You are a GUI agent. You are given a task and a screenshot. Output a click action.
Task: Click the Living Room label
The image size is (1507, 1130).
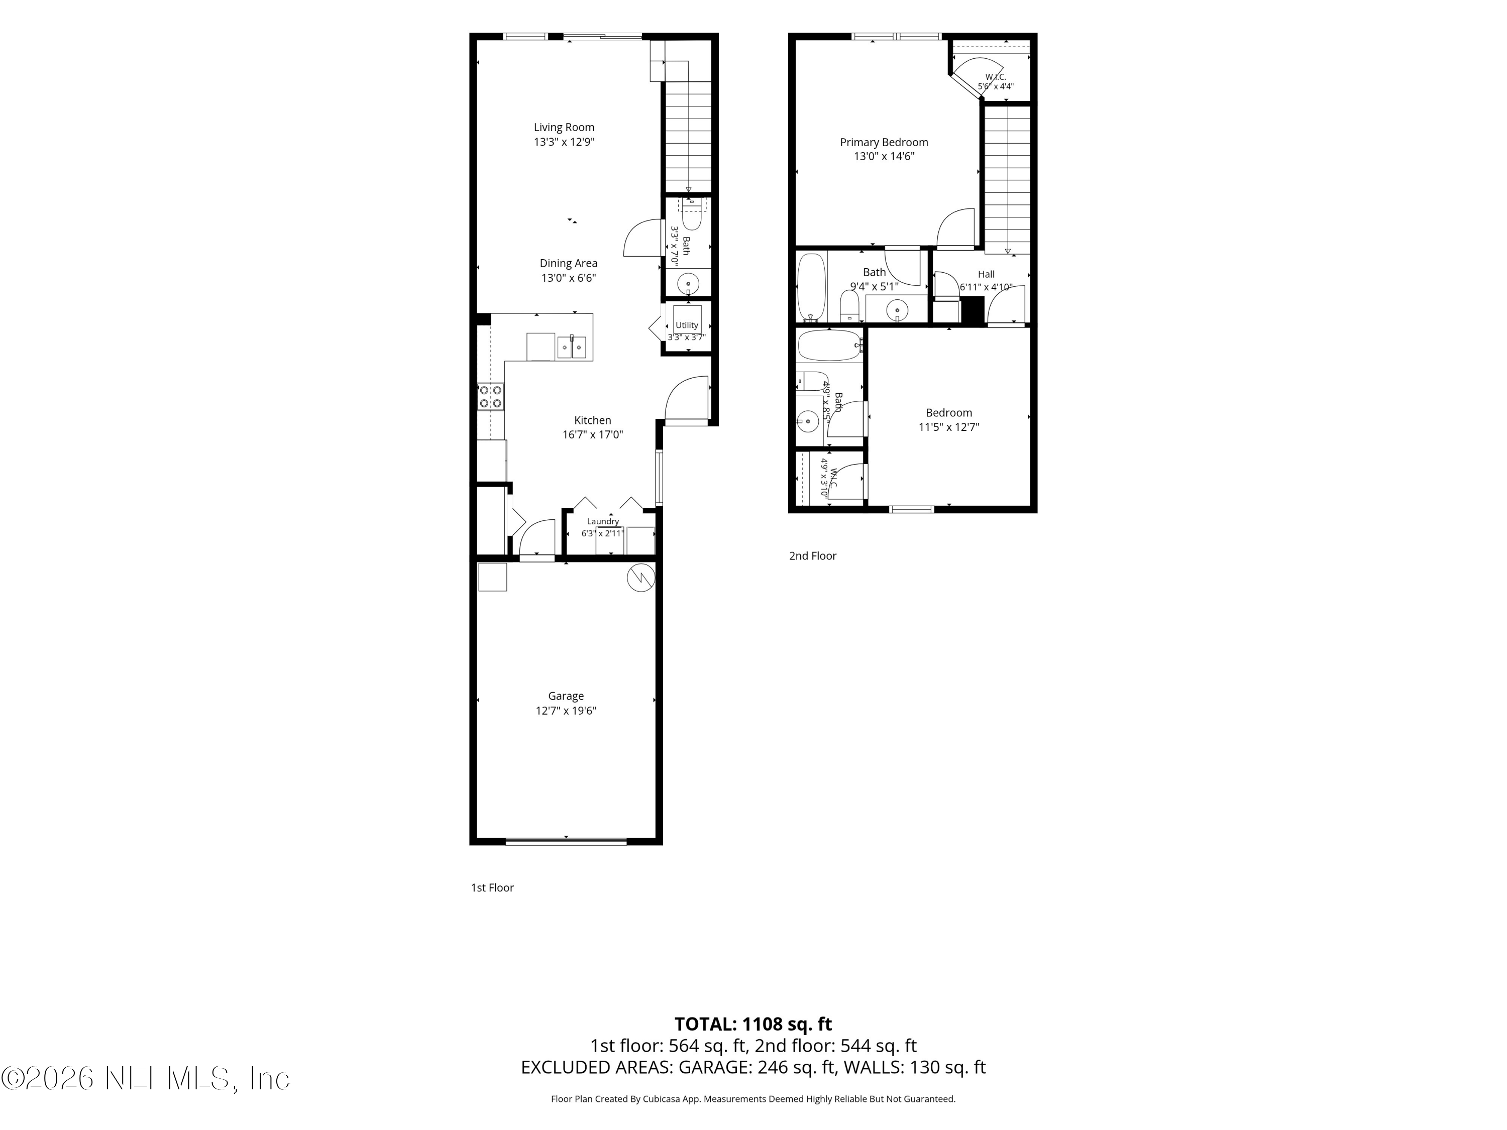(x=564, y=128)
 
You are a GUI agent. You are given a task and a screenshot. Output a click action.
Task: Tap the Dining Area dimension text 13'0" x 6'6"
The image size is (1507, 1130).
(x=569, y=278)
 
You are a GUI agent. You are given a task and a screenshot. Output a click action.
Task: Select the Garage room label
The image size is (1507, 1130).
(x=566, y=696)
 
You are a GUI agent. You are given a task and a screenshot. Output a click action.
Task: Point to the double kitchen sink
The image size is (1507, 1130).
(x=572, y=348)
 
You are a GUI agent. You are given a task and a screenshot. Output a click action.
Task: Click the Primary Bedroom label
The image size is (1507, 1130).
(x=884, y=142)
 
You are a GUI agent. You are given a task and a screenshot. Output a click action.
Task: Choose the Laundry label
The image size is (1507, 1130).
(x=603, y=522)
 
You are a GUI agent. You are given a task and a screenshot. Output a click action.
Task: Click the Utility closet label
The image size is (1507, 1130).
(x=687, y=325)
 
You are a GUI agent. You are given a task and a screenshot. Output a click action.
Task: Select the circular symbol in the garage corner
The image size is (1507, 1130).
(x=640, y=578)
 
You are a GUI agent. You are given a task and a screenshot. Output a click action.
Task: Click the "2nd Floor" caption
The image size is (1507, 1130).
(x=813, y=556)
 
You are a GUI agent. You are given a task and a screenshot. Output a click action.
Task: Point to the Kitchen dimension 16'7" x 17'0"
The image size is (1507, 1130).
(x=593, y=434)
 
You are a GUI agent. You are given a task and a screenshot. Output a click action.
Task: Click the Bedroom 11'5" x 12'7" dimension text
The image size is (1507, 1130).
(x=949, y=427)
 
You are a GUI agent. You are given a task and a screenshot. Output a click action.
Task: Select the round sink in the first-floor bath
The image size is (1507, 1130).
(x=689, y=283)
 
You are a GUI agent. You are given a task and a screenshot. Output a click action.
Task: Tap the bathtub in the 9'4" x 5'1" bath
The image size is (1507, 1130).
(x=811, y=287)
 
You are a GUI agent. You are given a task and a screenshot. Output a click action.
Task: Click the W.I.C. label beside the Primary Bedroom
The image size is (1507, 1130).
(x=995, y=77)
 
